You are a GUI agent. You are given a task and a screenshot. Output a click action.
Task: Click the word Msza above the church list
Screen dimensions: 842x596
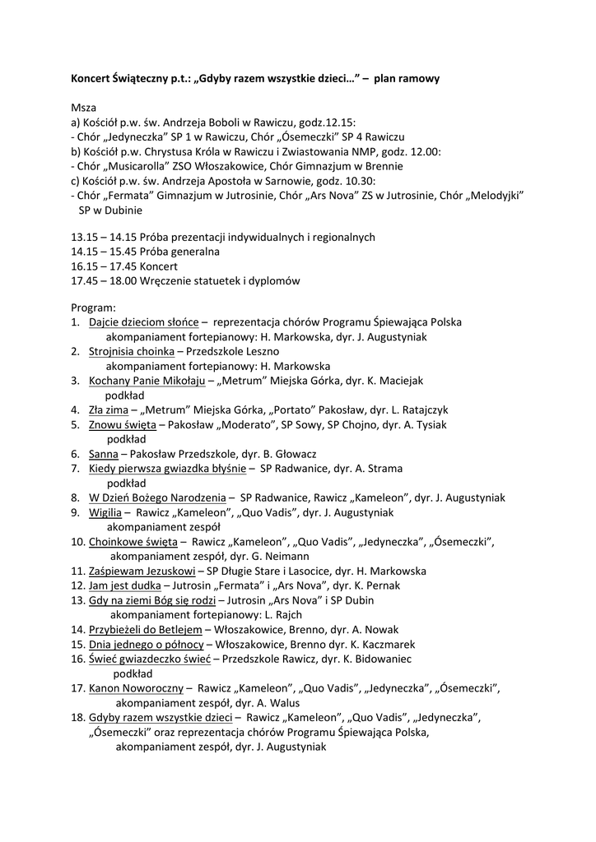pyautogui.click(x=83, y=108)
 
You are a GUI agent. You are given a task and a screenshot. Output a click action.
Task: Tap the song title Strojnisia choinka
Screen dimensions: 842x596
pyautogui.click(x=130, y=351)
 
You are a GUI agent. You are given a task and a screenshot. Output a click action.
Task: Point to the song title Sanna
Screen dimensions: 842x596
pyautogui.click(x=102, y=454)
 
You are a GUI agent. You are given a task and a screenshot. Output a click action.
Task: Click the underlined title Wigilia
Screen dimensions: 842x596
pyautogui.click(x=105, y=512)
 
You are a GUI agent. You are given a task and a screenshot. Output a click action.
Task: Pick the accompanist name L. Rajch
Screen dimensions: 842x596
pyautogui.click(x=283, y=614)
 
